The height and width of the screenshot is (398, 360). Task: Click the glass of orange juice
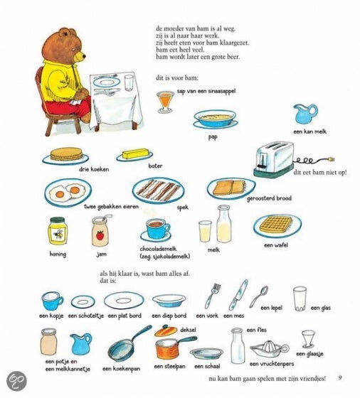[x=165, y=102]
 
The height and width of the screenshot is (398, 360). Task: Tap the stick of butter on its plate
[x=135, y=154]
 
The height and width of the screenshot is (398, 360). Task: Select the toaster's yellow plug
[x=332, y=159]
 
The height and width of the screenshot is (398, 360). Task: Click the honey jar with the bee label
[x=58, y=232]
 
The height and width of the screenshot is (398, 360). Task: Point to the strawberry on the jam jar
[x=100, y=235]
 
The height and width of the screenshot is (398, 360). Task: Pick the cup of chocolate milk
[x=157, y=228]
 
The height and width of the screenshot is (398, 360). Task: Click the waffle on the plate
[x=276, y=225]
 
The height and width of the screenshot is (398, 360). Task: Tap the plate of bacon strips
[x=158, y=191]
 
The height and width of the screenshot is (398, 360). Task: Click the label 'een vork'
[x=207, y=316]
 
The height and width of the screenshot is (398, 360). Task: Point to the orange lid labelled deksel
[x=166, y=330]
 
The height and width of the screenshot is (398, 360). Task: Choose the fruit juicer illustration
[x=270, y=349]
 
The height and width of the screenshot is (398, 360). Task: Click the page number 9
[x=340, y=377]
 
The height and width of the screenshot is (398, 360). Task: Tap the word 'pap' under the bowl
[x=213, y=137]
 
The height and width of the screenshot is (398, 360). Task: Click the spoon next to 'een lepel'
[x=259, y=296]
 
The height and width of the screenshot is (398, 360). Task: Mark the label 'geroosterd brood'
[x=269, y=198]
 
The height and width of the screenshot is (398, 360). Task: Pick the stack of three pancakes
[x=66, y=154]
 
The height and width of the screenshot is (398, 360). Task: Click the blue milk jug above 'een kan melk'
[x=305, y=114]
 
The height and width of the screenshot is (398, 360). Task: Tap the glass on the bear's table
[x=129, y=83]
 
